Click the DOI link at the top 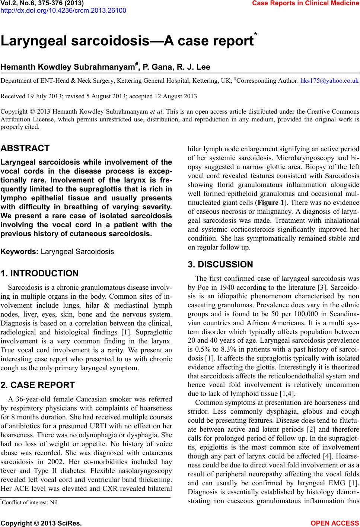[x=63, y=10]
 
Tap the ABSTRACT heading [x=25, y=148]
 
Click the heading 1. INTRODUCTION [x=40, y=274]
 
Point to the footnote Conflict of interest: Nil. [x=31, y=502]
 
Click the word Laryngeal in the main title [x=34, y=41]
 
